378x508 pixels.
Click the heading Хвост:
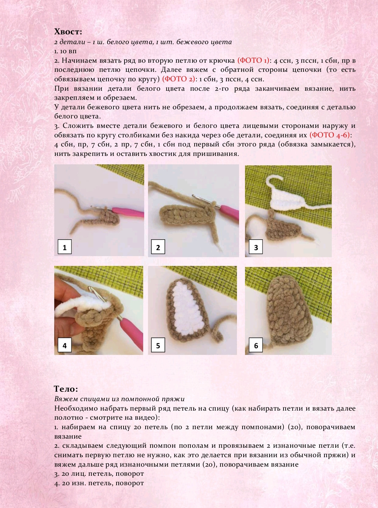pos(68,32)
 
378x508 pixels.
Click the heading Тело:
pos(66,389)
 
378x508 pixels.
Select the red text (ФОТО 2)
pos(178,79)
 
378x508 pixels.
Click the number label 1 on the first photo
pos(65,247)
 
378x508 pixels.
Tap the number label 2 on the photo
pos(158,247)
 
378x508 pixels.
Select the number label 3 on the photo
pos(256,247)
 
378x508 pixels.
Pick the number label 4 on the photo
pos(65,345)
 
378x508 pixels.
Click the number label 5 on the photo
pos(158,345)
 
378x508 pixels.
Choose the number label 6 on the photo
pos(256,345)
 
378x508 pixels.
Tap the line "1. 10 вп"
pos(65,51)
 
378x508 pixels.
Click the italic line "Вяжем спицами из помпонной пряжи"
pos(119,399)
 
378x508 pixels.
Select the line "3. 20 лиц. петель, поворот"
pos(99,474)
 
